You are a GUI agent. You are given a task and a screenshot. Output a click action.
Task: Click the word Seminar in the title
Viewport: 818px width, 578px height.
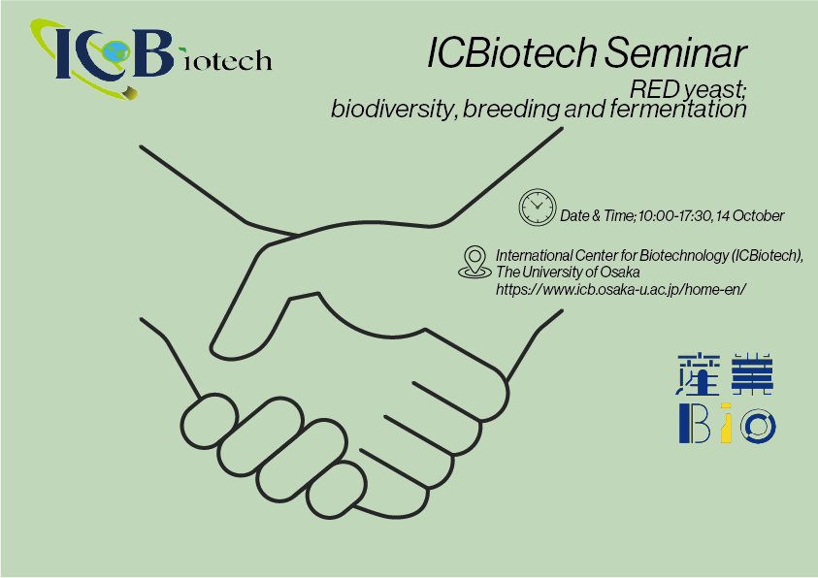pos(675,52)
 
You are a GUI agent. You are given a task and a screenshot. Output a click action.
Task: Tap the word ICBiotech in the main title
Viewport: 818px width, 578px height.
pos(511,52)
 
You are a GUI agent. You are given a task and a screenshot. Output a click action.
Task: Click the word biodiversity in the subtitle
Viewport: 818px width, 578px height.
pos(393,110)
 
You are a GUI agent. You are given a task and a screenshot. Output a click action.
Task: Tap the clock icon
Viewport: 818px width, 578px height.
pos(538,208)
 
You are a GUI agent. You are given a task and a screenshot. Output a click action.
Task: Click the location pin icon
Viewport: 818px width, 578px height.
pos(474,262)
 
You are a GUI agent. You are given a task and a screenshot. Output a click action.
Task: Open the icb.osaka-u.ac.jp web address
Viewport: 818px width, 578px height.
pos(621,289)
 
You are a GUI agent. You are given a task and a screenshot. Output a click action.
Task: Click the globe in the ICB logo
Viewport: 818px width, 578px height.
pos(115,51)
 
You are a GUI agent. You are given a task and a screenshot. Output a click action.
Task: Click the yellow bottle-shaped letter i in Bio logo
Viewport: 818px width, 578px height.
pos(726,423)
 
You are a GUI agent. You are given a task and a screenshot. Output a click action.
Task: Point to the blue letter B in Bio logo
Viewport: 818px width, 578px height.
pos(695,423)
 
